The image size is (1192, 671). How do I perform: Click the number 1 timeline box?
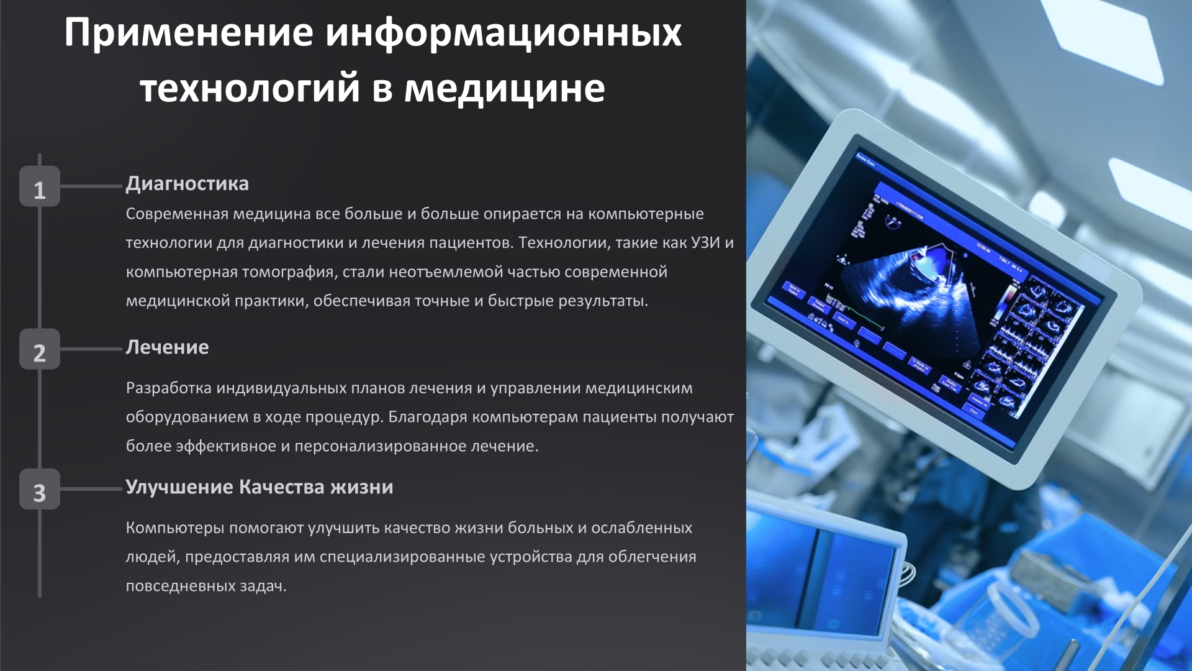point(40,186)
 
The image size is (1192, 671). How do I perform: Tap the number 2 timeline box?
point(40,349)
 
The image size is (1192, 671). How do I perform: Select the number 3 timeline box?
point(40,489)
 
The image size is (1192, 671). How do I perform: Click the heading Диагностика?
point(187,184)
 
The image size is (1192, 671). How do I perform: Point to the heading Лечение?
point(167,347)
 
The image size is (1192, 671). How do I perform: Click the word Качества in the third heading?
point(282,487)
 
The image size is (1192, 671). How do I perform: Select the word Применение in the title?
point(189,32)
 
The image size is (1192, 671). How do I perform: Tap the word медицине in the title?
point(504,88)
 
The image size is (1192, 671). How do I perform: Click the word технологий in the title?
point(250,88)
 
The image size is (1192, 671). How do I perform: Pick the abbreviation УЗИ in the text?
point(705,243)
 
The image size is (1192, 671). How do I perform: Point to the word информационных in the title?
point(503,32)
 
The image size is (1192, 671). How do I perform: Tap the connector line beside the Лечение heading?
point(91,349)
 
